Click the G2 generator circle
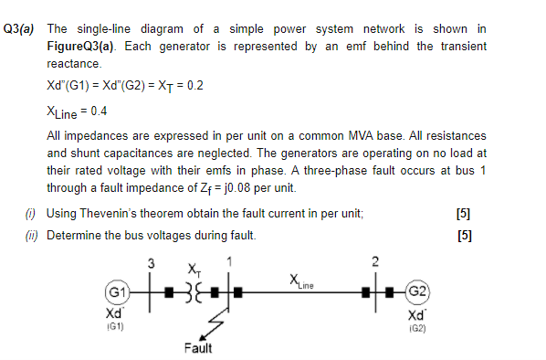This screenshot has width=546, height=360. tap(415, 291)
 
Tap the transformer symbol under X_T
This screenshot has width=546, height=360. tap(194, 293)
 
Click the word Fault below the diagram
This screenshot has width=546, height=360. tap(198, 348)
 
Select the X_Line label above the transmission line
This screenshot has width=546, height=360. tap(301, 281)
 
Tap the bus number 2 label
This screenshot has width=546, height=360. tap(374, 263)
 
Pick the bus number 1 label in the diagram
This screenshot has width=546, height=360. tap(230, 263)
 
